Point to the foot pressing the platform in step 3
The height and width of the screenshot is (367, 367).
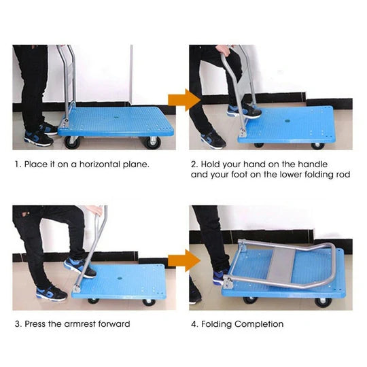[x=79, y=266]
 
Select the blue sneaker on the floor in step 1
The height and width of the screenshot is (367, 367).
[x=38, y=137]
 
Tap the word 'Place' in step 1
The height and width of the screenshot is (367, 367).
[x=36, y=164]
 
